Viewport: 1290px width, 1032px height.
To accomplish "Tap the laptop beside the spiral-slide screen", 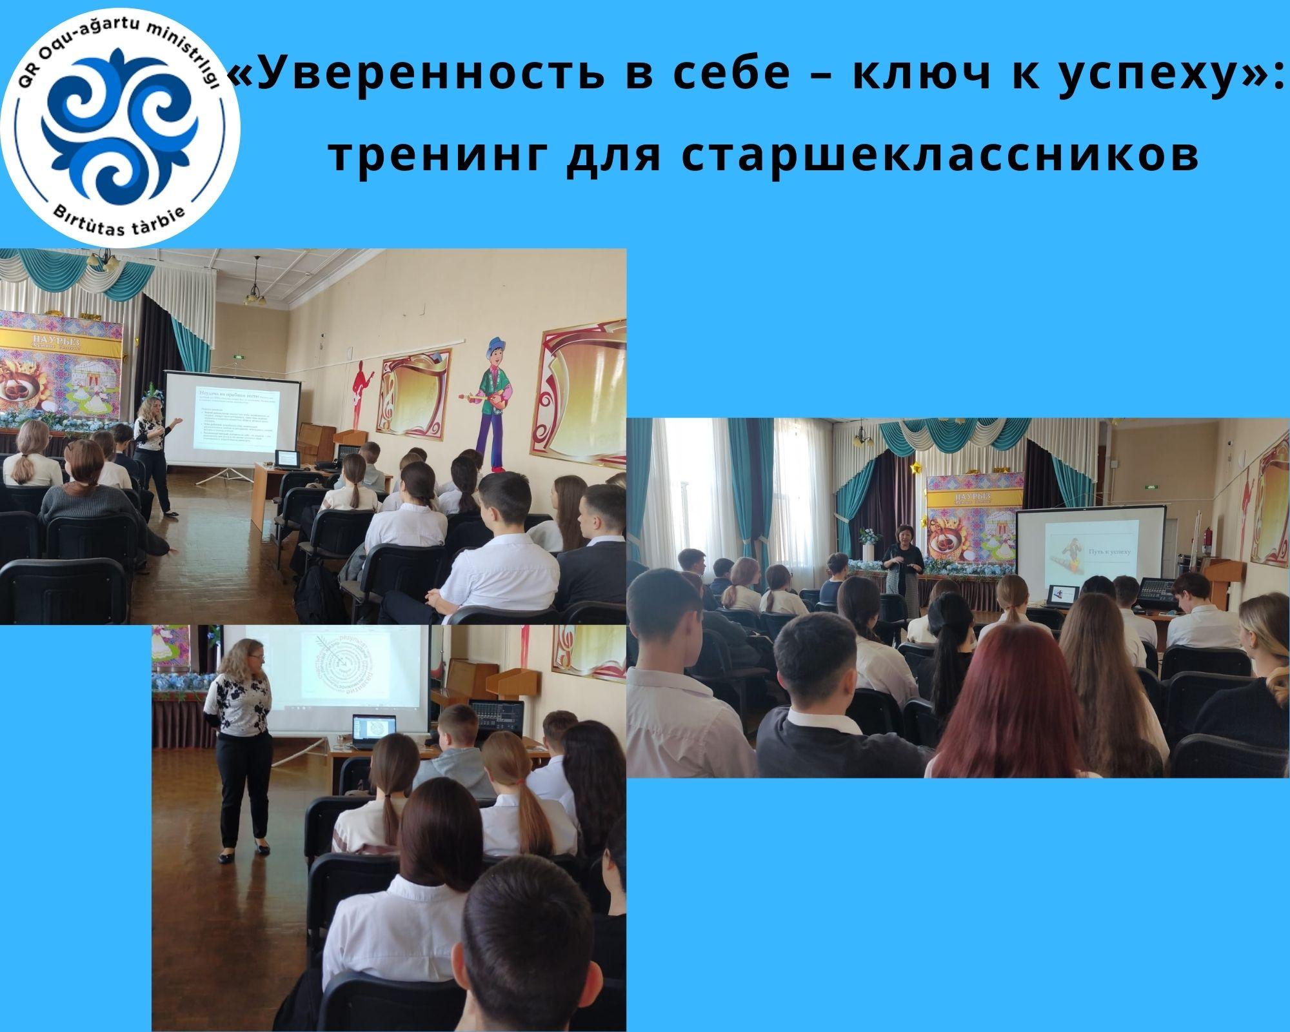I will [x=374, y=730].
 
